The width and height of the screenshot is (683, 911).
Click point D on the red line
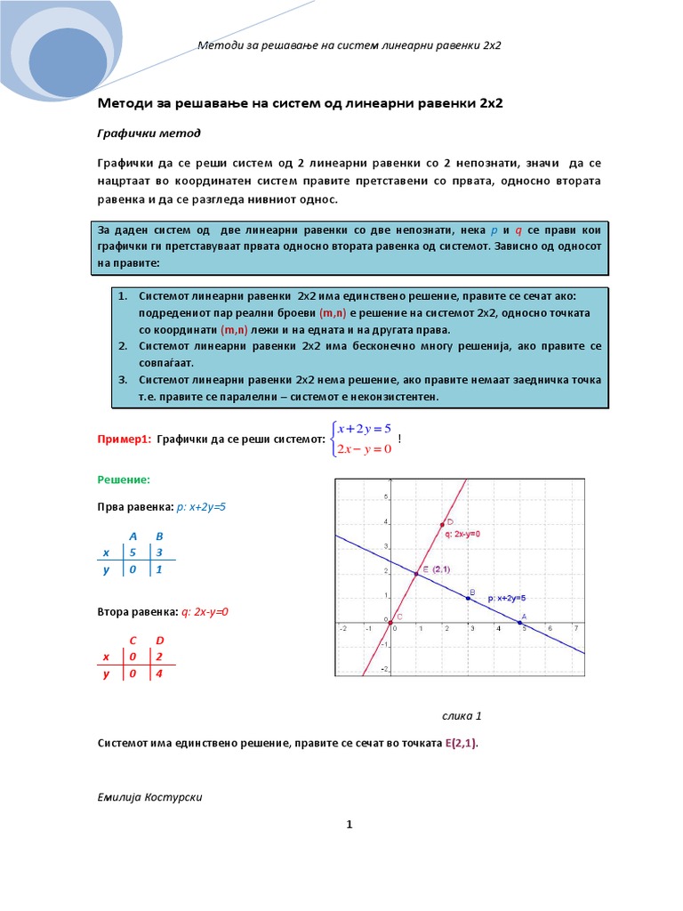coord(442,525)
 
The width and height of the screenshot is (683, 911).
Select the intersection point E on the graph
coord(415,574)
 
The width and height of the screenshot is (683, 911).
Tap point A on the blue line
coord(520,622)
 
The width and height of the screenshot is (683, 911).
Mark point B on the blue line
coord(468,598)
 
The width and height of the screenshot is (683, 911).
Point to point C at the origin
coord(390,622)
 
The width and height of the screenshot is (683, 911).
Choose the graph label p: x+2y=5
coord(508,599)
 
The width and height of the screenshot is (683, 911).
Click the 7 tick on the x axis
coord(576,628)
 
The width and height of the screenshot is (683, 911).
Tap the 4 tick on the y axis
coord(384,523)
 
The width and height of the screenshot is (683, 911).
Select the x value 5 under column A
coord(132,552)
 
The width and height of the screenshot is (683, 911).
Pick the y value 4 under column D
coord(159,674)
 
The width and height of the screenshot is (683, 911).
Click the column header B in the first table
coord(159,536)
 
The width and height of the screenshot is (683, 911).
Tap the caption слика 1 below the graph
coord(461,715)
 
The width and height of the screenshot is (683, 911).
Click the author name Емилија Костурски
coord(149,796)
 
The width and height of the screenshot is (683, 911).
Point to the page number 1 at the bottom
coord(350,825)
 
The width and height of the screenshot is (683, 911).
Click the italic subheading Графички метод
coord(149,133)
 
